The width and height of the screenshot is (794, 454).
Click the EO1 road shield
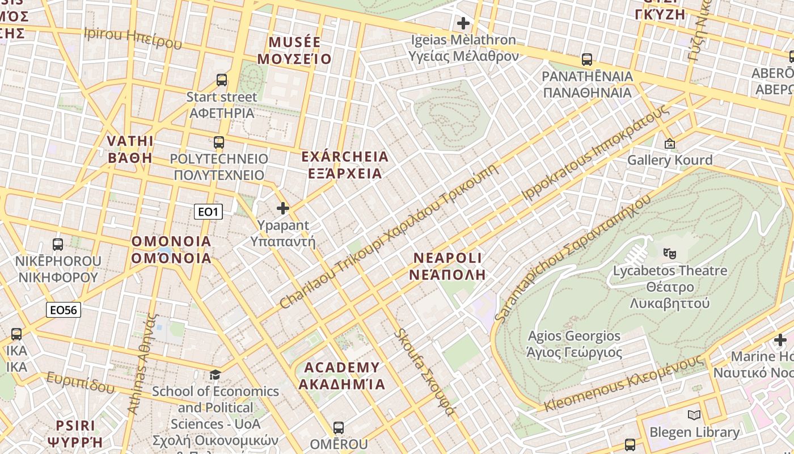tap(208, 212)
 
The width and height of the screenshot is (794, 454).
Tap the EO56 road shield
tap(63, 309)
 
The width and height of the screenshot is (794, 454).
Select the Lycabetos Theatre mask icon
tap(670, 253)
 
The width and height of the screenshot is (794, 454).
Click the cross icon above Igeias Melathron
tap(463, 23)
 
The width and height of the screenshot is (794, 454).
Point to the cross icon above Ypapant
tap(283, 208)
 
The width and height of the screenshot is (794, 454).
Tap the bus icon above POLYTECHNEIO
tap(219, 142)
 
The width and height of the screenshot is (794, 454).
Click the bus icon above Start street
tap(222, 80)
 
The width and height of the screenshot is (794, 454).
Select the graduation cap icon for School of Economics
tap(215, 375)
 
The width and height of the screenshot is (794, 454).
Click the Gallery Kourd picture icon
tap(670, 144)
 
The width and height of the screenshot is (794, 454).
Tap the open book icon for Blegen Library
tap(694, 415)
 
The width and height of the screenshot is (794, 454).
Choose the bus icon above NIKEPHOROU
tap(57, 245)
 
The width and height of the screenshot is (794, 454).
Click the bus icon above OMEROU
tap(339, 427)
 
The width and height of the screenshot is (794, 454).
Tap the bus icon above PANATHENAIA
tap(587, 60)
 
